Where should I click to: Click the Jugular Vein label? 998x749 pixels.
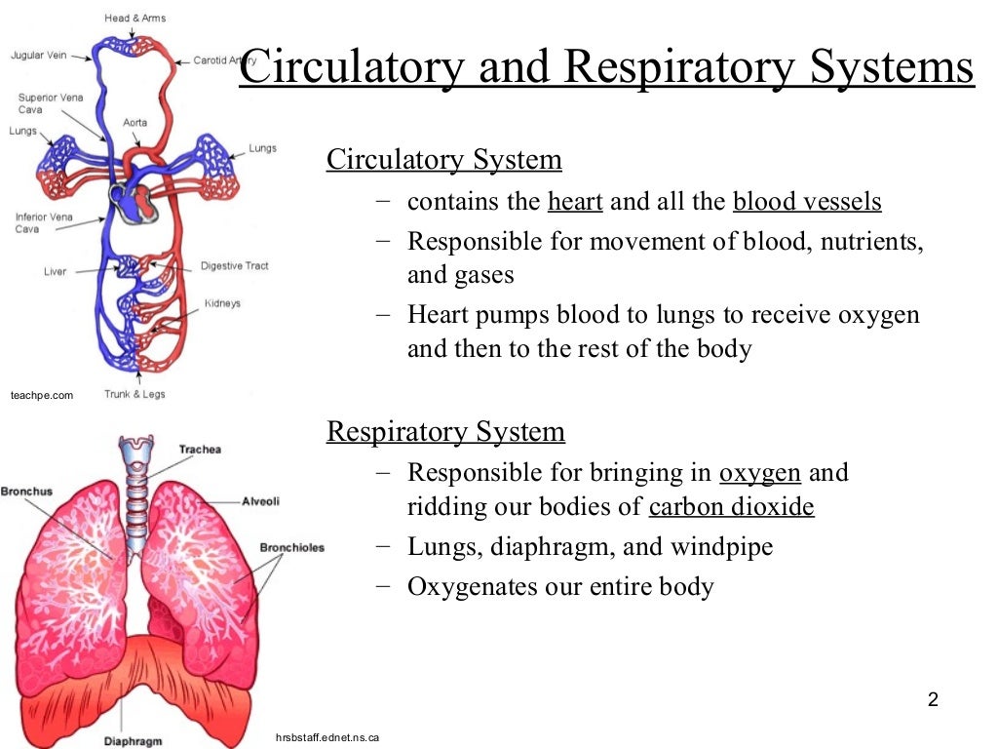tap(38, 56)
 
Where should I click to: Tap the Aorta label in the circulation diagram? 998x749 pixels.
tap(135, 123)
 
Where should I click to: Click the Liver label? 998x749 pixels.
tap(56, 271)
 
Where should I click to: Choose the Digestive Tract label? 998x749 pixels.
tap(234, 266)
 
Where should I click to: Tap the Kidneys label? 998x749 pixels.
tap(222, 303)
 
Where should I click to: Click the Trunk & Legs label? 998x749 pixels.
tap(134, 394)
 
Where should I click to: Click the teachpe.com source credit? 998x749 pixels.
tap(42, 395)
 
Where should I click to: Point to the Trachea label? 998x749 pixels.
tap(200, 450)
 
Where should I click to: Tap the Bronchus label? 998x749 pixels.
tap(26, 492)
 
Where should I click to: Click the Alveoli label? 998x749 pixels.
tap(260, 501)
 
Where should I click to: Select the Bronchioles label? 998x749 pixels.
tap(291, 547)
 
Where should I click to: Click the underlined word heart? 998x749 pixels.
tap(575, 202)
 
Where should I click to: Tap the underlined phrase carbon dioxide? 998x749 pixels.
tap(731, 507)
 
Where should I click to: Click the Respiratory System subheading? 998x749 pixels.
tap(445, 431)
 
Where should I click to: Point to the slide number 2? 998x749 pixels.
tap(933, 699)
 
